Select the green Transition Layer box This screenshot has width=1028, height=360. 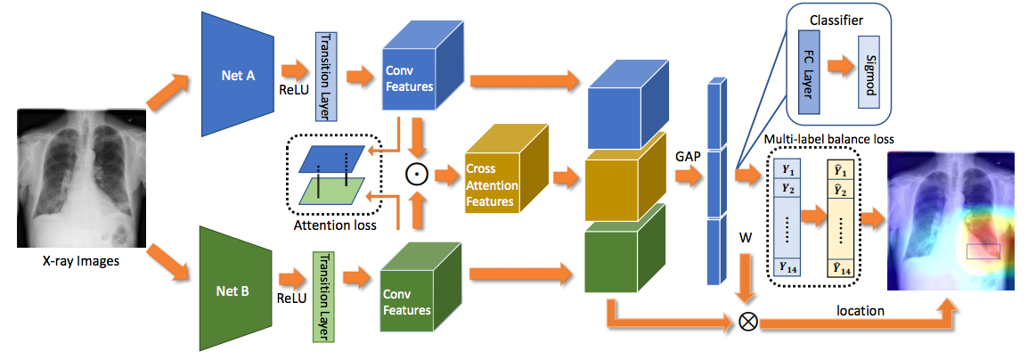pyautogui.click(x=322, y=295)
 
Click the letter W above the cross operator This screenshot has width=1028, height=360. pyautogui.click(x=747, y=239)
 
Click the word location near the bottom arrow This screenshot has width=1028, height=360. pyautogui.click(x=861, y=311)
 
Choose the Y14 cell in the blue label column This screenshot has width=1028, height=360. pyautogui.click(x=787, y=265)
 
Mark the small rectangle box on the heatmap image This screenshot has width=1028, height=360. pyautogui.click(x=983, y=251)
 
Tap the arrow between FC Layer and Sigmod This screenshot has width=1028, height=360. pyautogui.click(x=838, y=65)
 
